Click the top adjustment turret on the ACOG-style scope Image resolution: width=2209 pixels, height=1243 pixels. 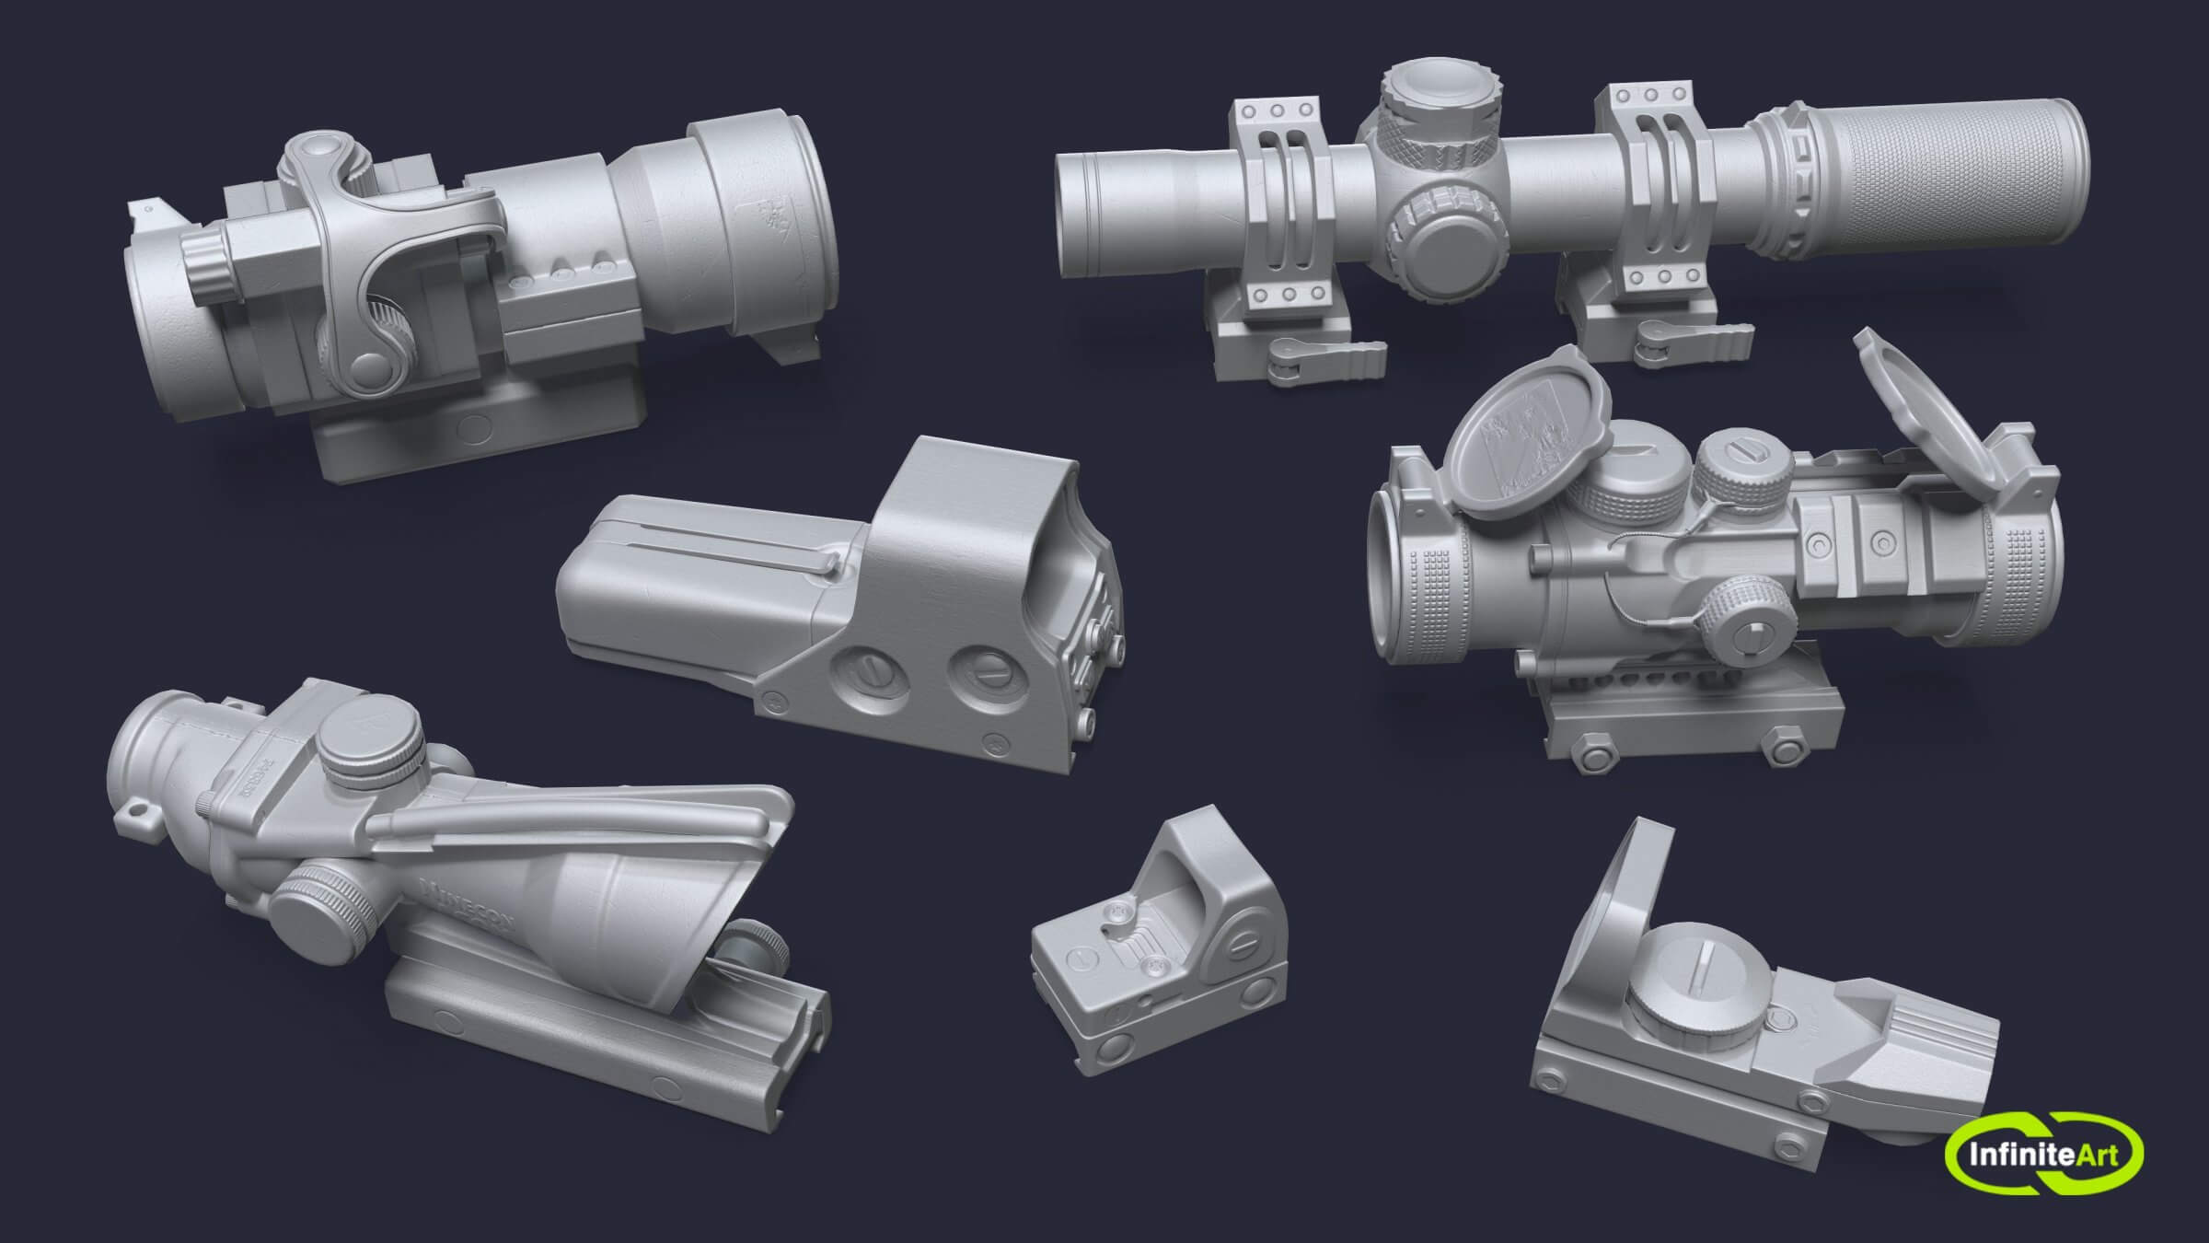[x=371, y=737]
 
